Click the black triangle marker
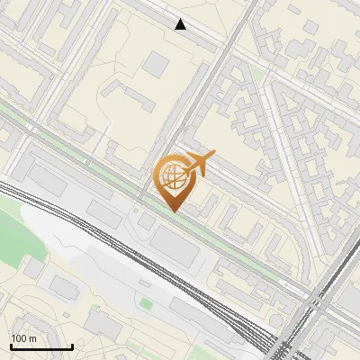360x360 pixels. coord(181,24)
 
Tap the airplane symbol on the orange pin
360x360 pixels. coord(201,163)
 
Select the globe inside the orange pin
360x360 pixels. coord(174,176)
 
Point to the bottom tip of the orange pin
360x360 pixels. coord(174,211)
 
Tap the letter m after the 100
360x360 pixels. coord(32,338)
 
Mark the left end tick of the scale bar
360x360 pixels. coord(10,346)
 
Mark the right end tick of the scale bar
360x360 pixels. coord(72,346)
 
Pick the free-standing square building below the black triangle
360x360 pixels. coord(157,63)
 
